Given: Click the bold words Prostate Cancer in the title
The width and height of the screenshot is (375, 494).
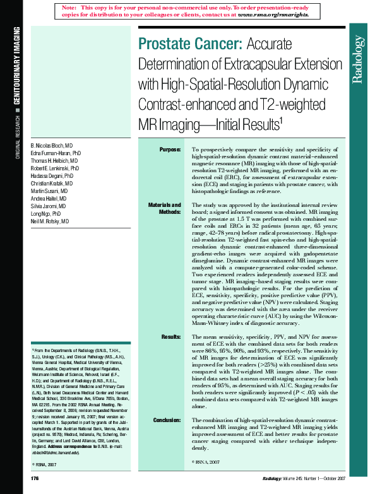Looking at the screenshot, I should [187, 44].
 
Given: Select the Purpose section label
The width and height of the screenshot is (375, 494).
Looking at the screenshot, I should [170, 149].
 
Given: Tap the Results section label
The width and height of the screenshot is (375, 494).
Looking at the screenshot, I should [171, 337].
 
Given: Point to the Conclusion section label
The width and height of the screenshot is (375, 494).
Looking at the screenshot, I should [167, 419].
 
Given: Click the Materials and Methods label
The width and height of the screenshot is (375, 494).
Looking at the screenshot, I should [165, 209].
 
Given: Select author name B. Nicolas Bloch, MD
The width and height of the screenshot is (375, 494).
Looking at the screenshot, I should [52, 144].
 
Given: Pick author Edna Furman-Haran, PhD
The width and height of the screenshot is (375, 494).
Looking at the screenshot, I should [56, 153].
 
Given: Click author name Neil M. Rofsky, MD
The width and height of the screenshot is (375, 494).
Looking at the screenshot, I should [51, 222].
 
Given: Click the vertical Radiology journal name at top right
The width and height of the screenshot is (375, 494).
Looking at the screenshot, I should [358, 60].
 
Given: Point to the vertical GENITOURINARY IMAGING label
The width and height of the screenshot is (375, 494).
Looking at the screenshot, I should [17, 66].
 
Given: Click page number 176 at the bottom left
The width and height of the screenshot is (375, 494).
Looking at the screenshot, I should [35, 479].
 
